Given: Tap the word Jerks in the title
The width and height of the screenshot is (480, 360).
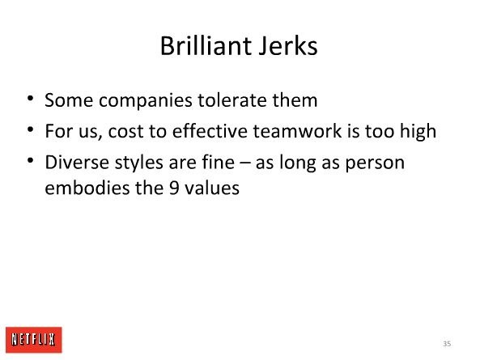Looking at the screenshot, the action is (288, 46).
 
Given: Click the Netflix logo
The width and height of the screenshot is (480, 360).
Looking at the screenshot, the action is (34, 340).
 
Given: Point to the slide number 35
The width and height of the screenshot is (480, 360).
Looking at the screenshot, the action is (447, 344).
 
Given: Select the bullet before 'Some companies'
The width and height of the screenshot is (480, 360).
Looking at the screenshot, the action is (30, 99).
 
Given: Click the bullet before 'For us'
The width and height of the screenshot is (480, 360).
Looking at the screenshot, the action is (30, 129).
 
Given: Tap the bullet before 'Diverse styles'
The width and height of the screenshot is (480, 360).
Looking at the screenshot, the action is (30, 160).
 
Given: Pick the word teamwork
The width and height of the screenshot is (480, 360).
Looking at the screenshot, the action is (297, 131).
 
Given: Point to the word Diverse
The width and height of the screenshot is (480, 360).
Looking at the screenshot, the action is (77, 162).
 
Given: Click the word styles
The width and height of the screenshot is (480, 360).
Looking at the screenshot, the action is (138, 163).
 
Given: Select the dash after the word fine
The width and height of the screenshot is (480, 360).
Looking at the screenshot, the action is (245, 163).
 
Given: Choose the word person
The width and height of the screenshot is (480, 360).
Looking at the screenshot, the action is (375, 164).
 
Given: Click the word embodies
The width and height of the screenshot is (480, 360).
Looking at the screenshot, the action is (87, 188).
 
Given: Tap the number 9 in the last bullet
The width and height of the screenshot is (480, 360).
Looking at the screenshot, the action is (174, 188).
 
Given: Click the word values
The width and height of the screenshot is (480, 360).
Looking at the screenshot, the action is (212, 188).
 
